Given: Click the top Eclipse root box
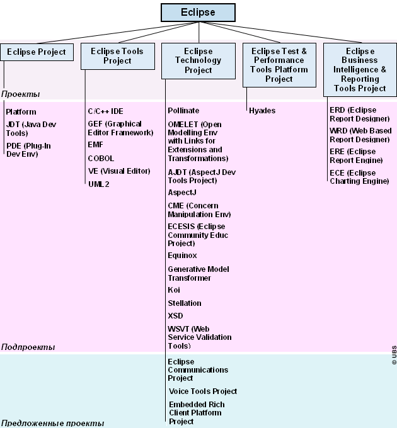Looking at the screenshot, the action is click(x=198, y=13).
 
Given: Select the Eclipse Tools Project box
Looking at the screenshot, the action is click(x=118, y=56).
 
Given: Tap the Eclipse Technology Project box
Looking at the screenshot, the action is click(x=198, y=61).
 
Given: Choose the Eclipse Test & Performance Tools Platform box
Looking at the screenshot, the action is click(x=279, y=65).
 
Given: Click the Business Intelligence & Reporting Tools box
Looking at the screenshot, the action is click(x=360, y=70).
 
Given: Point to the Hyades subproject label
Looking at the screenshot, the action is click(x=262, y=111).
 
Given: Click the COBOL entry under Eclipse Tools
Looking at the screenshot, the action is click(x=101, y=159).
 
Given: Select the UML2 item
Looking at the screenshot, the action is click(x=99, y=184).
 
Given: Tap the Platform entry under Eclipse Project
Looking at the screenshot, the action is click(x=21, y=112).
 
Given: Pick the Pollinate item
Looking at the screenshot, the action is click(x=183, y=111).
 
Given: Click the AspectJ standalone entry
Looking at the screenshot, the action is click(x=182, y=193).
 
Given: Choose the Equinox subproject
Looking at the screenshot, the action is click(x=182, y=256).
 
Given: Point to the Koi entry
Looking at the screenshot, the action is click(x=174, y=290).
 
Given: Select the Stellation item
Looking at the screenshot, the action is click(x=185, y=303).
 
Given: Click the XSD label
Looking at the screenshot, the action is click(x=175, y=316).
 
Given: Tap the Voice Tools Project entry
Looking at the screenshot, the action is click(x=203, y=391).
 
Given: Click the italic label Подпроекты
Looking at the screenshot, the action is click(x=28, y=347).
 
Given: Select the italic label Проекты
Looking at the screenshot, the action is click(x=21, y=94).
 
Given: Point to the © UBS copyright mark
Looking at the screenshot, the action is click(x=394, y=355).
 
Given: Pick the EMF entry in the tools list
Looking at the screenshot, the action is click(x=95, y=145).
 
